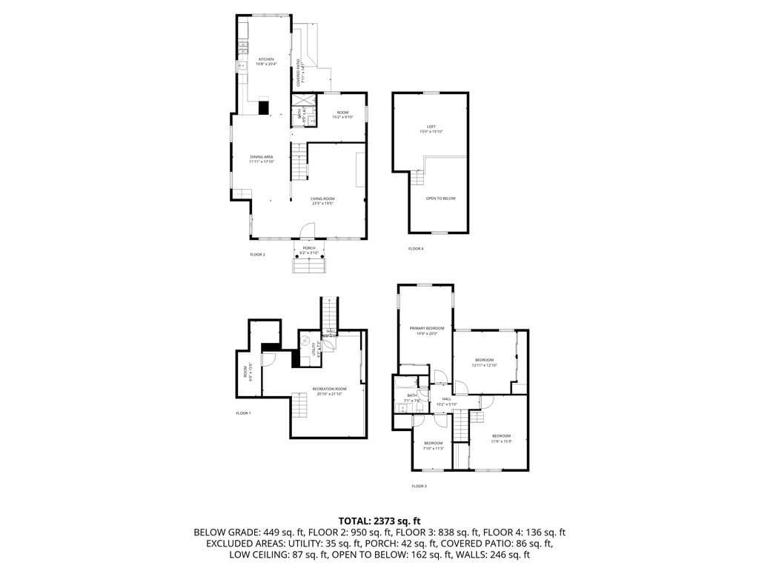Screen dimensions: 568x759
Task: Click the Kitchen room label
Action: pyautogui.click(x=265, y=59)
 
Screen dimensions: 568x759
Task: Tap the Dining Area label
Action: pyautogui.click(x=262, y=157)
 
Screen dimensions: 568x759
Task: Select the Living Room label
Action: pyautogui.click(x=322, y=198)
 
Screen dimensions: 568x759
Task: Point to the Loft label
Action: pyautogui.click(x=431, y=127)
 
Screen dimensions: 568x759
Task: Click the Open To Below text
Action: pyautogui.click(x=440, y=198)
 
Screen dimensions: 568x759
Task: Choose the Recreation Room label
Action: pyautogui.click(x=329, y=389)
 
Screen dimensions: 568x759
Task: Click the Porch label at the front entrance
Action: pyautogui.click(x=309, y=248)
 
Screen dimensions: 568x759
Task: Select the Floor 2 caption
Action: pyautogui.click(x=257, y=254)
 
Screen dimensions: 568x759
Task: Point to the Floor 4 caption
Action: pyautogui.click(x=416, y=248)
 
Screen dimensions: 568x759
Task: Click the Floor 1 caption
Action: pyautogui.click(x=243, y=412)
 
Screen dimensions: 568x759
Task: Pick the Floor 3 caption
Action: pyautogui.click(x=419, y=486)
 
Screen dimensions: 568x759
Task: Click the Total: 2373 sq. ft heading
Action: pyautogui.click(x=379, y=520)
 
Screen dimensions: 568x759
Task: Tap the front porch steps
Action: pyautogui.click(x=309, y=265)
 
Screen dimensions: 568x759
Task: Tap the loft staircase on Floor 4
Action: pyautogui.click(x=419, y=178)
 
